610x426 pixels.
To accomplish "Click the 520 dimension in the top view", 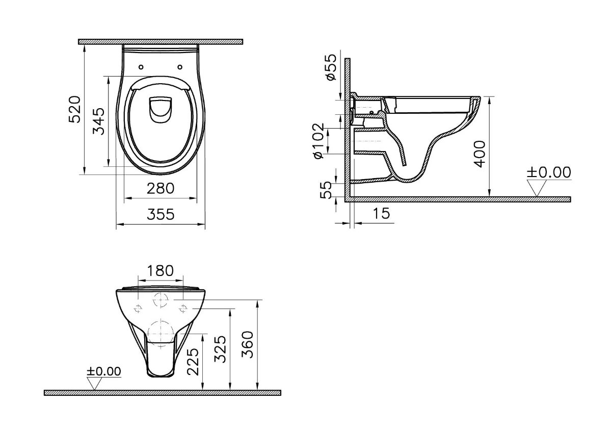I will tap(74, 109).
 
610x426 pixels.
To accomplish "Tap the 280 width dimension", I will tap(161, 188).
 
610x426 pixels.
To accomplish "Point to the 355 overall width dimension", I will tap(161, 214).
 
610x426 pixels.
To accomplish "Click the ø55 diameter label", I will tap(330, 67).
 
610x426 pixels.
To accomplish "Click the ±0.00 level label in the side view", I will tap(548, 172).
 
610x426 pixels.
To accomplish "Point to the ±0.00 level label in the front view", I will tap(103, 371).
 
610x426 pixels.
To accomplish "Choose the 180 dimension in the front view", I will tap(161, 270).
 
